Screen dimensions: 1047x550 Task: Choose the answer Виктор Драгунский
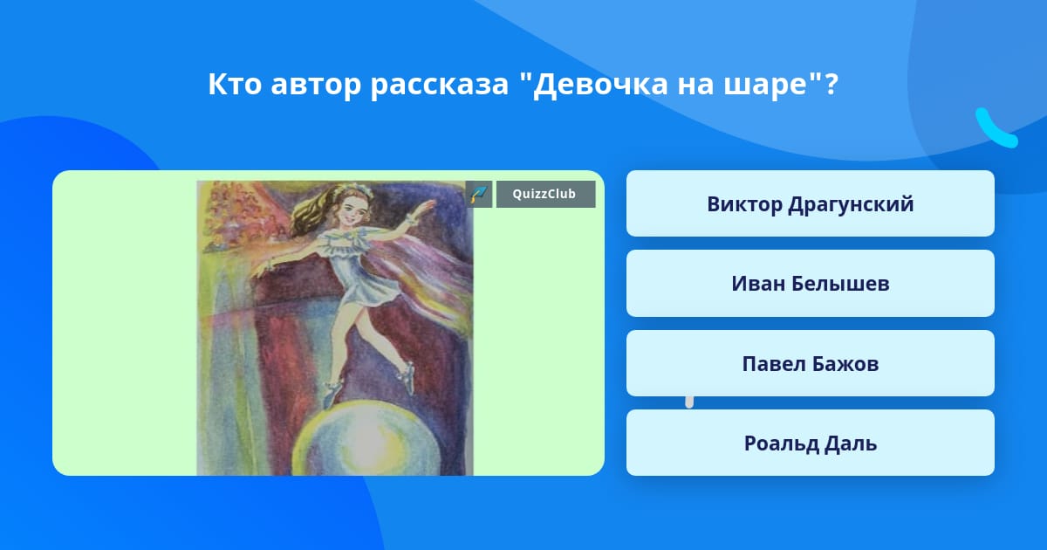[x=810, y=203]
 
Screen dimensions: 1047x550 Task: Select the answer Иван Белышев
[x=810, y=284]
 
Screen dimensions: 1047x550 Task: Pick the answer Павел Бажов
[x=810, y=363]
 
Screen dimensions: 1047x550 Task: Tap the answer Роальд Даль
[x=810, y=443]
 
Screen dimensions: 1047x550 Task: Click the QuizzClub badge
[x=545, y=194]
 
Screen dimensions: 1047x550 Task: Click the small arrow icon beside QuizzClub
[x=479, y=194]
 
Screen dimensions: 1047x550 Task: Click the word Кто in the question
[x=235, y=84]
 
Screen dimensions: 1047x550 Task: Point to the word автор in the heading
[x=316, y=86]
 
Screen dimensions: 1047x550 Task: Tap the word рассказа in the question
[x=440, y=86]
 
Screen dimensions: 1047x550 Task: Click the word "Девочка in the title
[x=593, y=84]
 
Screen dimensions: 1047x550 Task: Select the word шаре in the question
[x=766, y=86]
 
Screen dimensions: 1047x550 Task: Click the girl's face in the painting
[x=352, y=210]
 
